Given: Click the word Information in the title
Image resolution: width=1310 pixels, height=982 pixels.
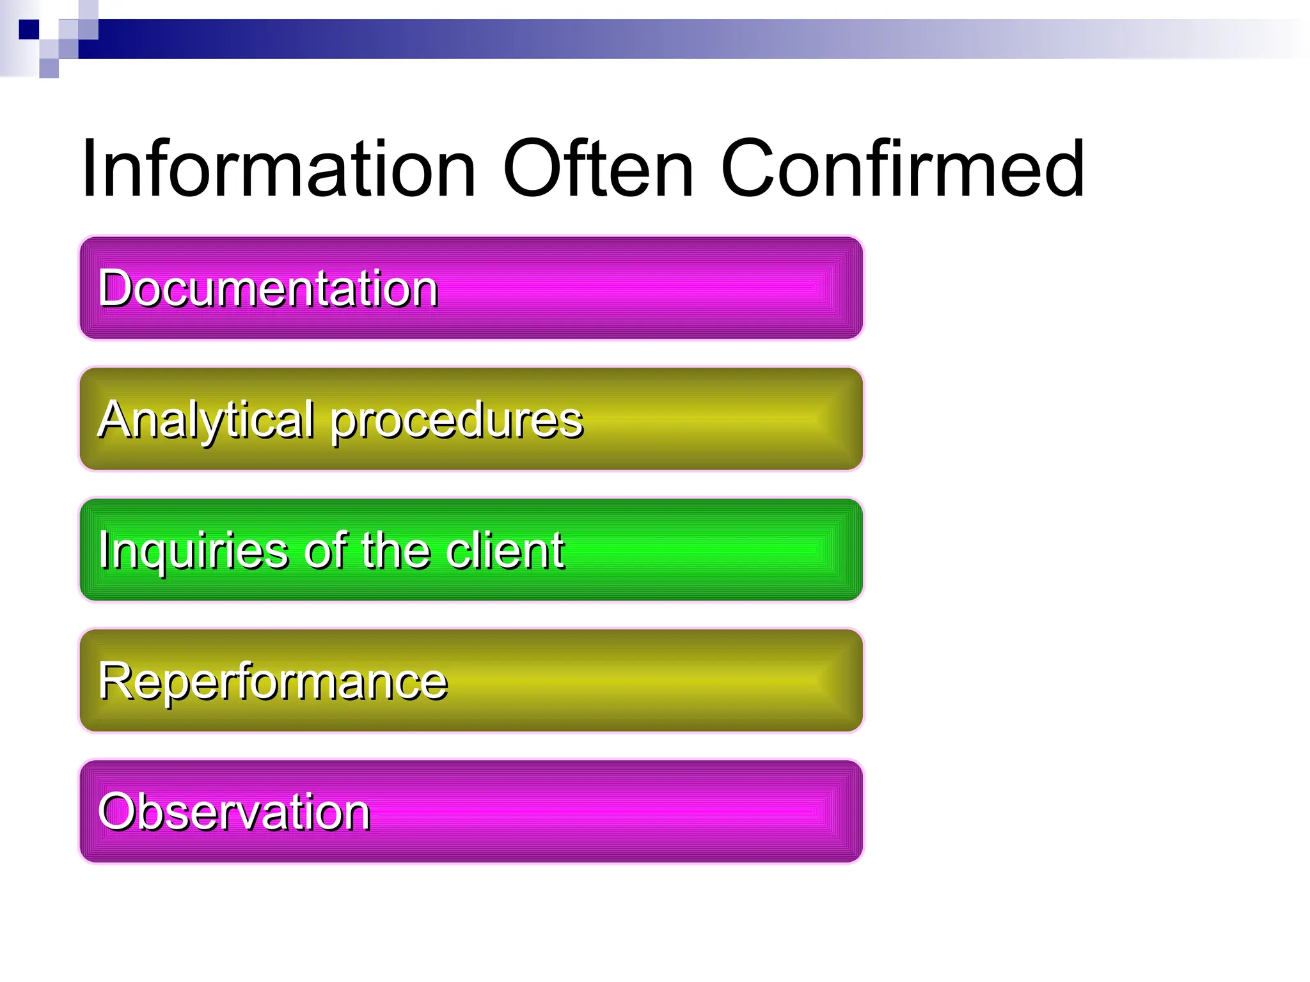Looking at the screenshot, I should pos(278,169).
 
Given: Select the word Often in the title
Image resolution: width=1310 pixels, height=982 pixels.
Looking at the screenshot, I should pos(598,169).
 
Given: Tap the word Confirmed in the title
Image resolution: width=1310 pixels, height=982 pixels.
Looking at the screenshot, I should pos(902,169).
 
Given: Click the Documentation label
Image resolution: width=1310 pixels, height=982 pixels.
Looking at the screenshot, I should pos(268,288).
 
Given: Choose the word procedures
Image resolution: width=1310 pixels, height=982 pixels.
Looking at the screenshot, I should pos(457,422).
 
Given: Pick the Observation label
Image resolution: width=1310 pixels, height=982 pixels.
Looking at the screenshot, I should pos(234,812).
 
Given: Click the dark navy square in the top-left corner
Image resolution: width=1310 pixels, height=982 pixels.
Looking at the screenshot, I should pos(29,29).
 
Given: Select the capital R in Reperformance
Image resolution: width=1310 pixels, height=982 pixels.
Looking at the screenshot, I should pos(115,681).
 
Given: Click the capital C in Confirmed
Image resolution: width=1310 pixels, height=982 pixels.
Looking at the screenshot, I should pos(750,169).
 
